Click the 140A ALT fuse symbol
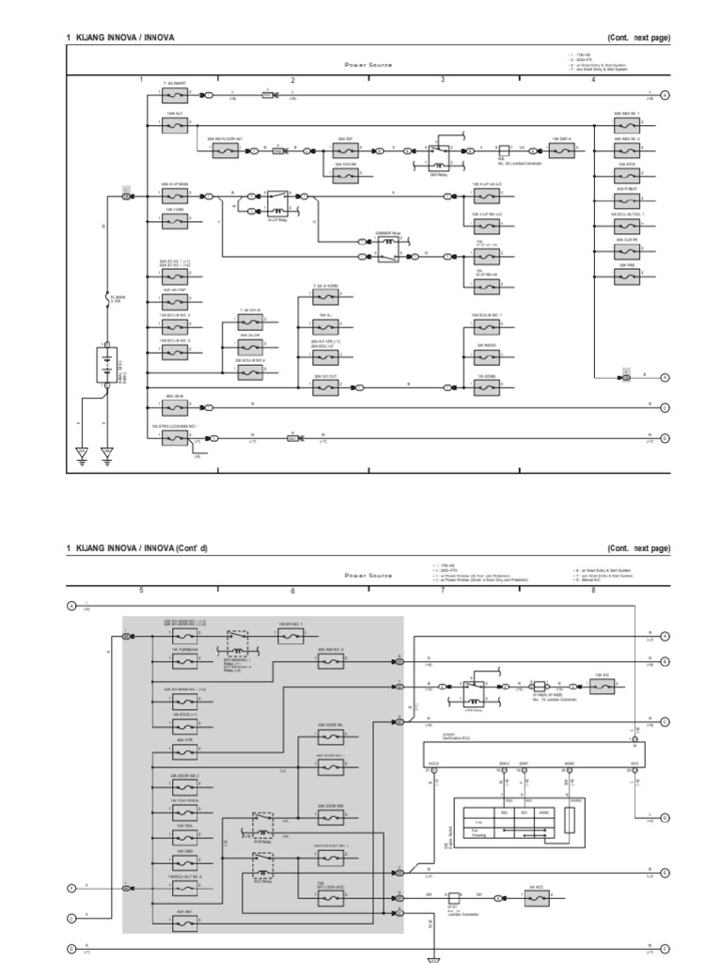pyautogui.click(x=173, y=123)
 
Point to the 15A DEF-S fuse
pyautogui.click(x=561, y=150)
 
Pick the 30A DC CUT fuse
pyautogui.click(x=326, y=385)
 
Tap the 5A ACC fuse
pyautogui.click(x=537, y=899)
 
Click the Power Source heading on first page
pyautogui.click(x=368, y=66)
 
